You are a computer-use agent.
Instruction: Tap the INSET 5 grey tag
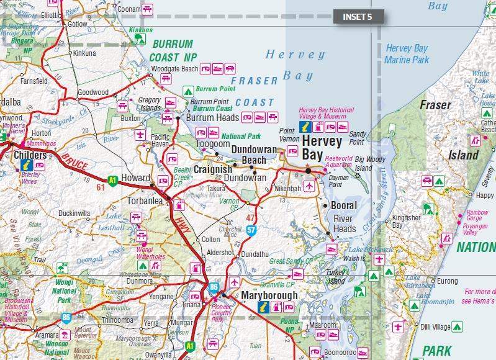[358, 17]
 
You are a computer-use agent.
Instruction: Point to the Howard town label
[135, 178]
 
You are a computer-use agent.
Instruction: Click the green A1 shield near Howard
[112, 181]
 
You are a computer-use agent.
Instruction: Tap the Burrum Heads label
[210, 117]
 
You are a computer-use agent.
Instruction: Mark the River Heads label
[345, 223]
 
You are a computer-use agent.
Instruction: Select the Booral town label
[344, 205]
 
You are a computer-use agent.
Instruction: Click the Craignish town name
[212, 169]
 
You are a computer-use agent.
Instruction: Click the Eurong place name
[448, 281]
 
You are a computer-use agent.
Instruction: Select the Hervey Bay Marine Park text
[407, 54]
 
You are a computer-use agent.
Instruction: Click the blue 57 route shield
[251, 230]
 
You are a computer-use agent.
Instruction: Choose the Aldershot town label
[221, 254]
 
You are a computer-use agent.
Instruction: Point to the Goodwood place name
[92, 92]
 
